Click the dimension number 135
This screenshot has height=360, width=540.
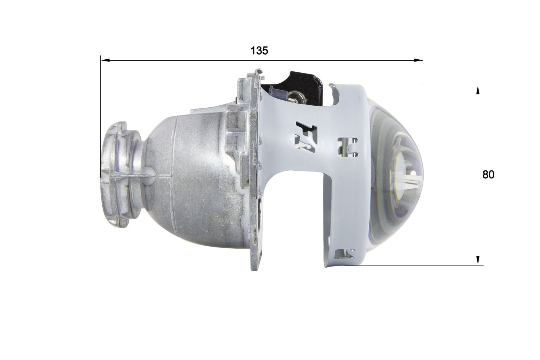259,51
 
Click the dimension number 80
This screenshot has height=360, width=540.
488,175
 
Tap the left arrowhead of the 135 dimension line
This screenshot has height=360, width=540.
105,60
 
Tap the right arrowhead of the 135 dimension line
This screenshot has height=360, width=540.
419,60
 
